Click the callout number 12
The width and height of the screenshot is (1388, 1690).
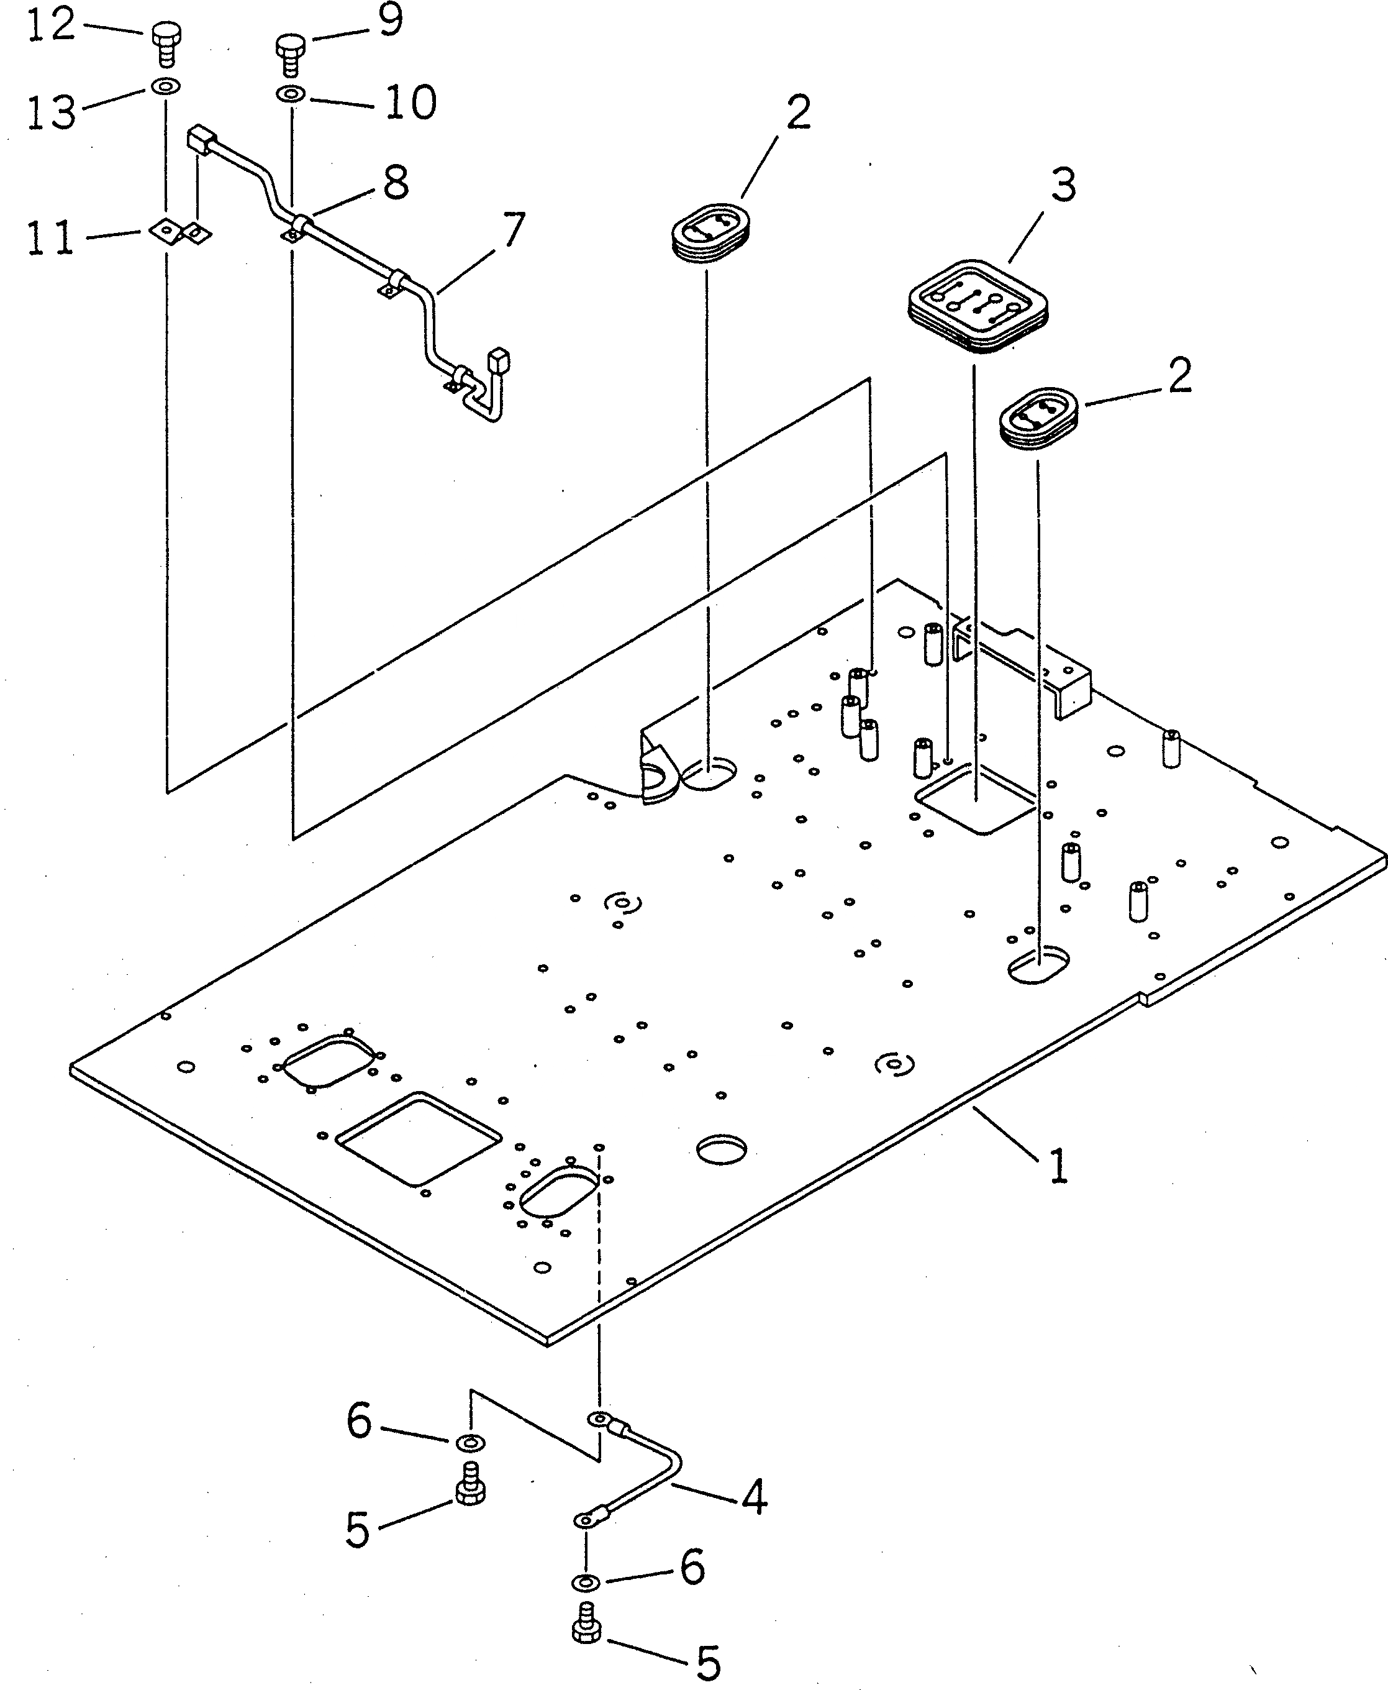click(50, 25)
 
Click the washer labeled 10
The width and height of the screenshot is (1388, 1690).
click(290, 95)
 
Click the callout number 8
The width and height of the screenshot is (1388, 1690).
click(395, 183)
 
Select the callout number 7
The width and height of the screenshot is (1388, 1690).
click(509, 231)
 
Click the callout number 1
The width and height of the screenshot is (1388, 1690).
click(1057, 1167)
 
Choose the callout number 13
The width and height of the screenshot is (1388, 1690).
click(50, 112)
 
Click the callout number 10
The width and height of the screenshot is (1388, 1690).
click(410, 103)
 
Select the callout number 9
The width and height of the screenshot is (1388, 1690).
click(390, 22)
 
